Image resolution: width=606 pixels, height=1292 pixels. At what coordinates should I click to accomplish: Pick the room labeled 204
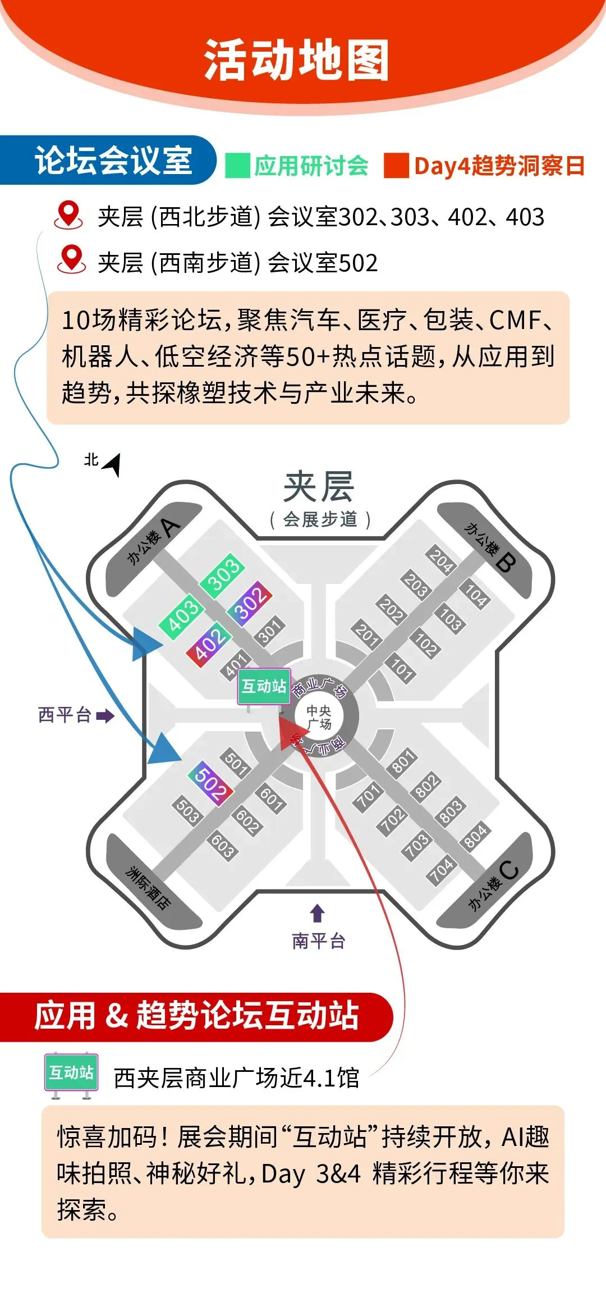(x=441, y=560)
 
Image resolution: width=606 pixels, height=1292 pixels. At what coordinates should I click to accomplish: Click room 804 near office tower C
(x=475, y=836)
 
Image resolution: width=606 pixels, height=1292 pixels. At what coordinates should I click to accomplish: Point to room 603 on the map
(x=223, y=846)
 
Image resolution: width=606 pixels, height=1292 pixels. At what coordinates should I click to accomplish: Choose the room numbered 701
(x=368, y=797)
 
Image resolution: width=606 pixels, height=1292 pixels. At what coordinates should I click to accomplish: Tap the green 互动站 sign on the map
(x=264, y=686)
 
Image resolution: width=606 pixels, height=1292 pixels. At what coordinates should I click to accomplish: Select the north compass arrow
(x=111, y=464)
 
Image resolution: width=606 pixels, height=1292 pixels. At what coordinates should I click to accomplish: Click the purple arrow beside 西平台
(x=105, y=716)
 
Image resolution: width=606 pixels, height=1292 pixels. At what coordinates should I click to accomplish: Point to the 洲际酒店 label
(x=148, y=888)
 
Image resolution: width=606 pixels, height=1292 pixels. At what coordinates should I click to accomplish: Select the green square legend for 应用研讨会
(x=237, y=166)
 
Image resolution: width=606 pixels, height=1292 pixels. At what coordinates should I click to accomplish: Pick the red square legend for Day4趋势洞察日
(x=396, y=166)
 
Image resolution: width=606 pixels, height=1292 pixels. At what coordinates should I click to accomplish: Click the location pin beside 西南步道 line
(x=71, y=259)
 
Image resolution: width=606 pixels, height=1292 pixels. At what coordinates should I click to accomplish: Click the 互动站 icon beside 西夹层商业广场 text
(x=71, y=1074)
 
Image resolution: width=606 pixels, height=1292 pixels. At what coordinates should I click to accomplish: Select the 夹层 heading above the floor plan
(x=319, y=486)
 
